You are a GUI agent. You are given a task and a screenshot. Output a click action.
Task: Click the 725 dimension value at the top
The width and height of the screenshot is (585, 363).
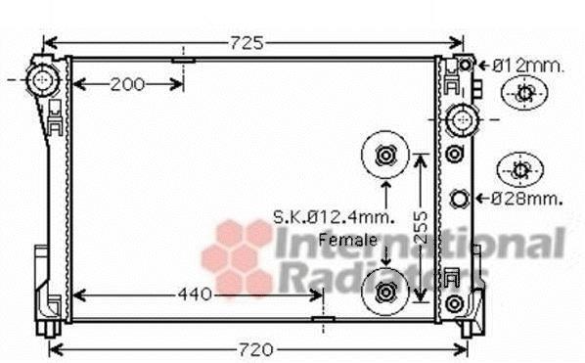[247, 43]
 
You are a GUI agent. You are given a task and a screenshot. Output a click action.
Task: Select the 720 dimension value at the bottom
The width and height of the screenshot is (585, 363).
[255, 350]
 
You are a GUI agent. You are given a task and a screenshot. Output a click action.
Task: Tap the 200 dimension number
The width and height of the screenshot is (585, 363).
[127, 85]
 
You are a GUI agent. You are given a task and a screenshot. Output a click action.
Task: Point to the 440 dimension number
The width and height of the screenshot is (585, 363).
[195, 295]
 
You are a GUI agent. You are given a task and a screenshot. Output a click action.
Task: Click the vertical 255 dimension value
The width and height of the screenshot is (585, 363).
[422, 228]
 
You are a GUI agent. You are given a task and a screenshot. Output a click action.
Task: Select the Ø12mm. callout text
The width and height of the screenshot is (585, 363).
[528, 67]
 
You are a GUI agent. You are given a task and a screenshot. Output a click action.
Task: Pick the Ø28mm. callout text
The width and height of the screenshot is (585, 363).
[526, 199]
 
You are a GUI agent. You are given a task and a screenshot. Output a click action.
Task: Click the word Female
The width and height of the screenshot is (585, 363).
[347, 240]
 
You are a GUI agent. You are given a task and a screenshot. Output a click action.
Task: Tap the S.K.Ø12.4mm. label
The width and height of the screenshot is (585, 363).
[334, 217]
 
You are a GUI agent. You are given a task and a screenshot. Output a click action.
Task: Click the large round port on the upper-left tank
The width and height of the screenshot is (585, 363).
[43, 80]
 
